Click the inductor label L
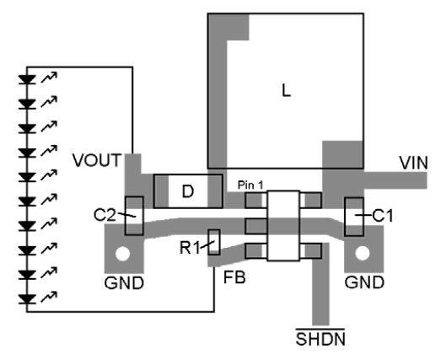click(287, 93)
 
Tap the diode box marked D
click(187, 192)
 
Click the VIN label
click(414, 162)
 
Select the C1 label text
click(383, 217)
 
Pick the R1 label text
click(189, 249)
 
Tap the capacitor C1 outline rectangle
click(354, 217)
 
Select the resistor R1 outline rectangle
click(214, 243)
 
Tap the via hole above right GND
click(365, 253)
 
